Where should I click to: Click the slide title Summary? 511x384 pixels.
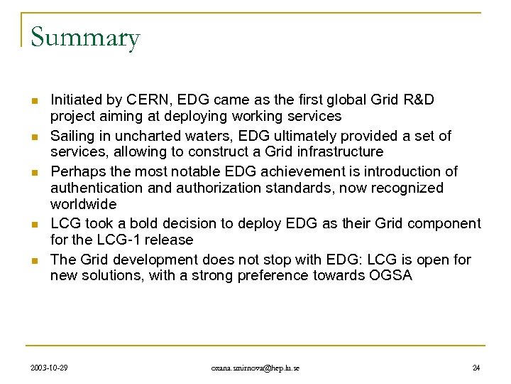pyautogui.click(x=85, y=38)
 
